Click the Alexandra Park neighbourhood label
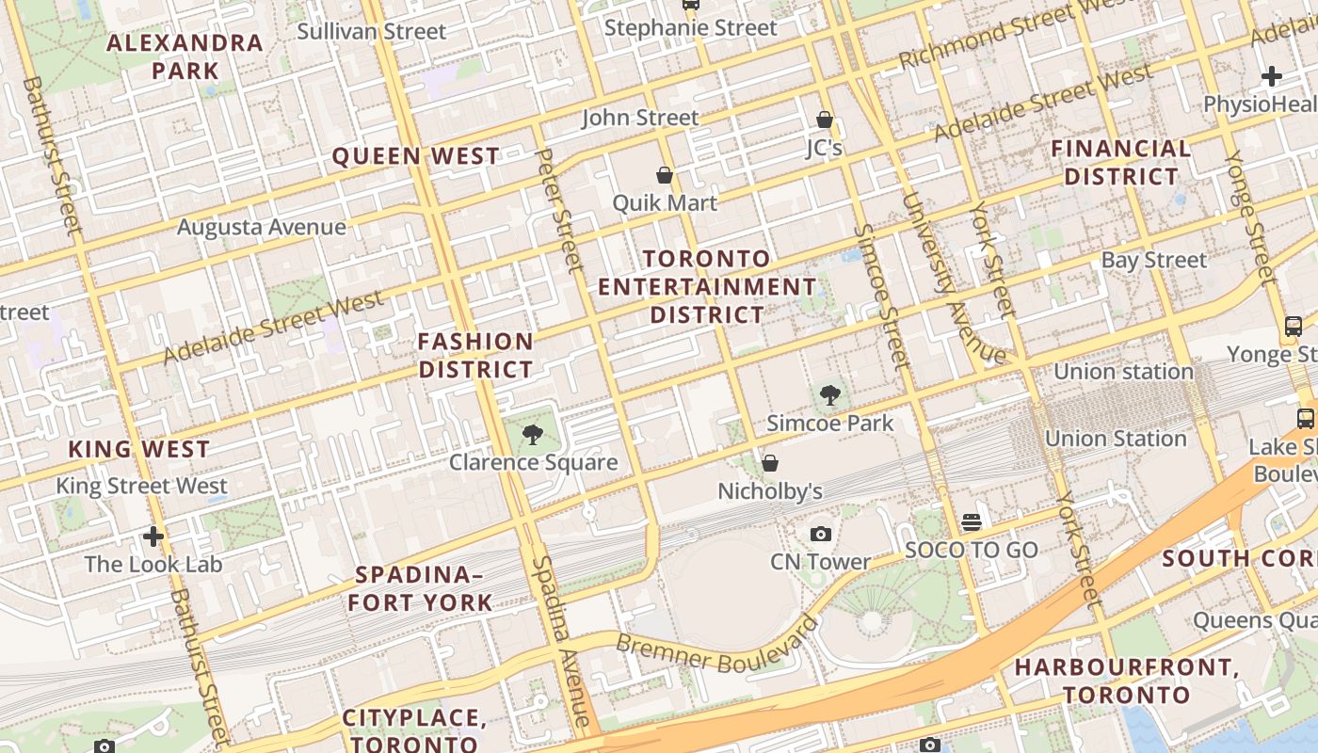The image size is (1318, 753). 185,56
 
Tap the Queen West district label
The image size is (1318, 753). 415,156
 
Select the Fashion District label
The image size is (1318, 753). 475,355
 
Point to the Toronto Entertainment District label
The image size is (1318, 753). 708,286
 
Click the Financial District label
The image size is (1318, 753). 1120,162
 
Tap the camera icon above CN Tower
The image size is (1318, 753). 821,534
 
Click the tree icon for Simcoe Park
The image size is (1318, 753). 829,395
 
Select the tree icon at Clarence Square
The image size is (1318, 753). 532,434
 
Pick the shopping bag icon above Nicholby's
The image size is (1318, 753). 770,463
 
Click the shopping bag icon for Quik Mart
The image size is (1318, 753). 665,175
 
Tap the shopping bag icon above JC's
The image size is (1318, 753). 825,120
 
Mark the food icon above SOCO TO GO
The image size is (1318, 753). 971,521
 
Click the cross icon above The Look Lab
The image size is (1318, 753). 153,537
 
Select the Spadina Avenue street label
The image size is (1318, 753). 562,640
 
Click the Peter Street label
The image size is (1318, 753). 559,209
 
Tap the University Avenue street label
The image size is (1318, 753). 952,279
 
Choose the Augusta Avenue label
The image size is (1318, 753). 262,227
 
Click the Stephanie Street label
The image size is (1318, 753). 690,27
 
